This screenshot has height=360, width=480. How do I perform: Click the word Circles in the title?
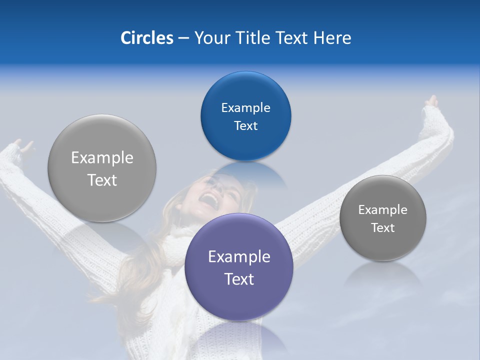147,38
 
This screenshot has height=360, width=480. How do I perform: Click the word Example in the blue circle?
245,108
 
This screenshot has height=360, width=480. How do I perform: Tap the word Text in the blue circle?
245,126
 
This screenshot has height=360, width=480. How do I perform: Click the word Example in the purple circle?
239,257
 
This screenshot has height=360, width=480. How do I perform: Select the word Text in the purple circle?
239,279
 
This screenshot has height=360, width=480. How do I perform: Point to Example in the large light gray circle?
102,158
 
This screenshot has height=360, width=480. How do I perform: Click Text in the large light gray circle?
102,180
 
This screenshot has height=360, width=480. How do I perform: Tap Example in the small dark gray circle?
382,210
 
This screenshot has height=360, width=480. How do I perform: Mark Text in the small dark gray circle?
382,228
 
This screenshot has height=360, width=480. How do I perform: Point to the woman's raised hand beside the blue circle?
430,102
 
